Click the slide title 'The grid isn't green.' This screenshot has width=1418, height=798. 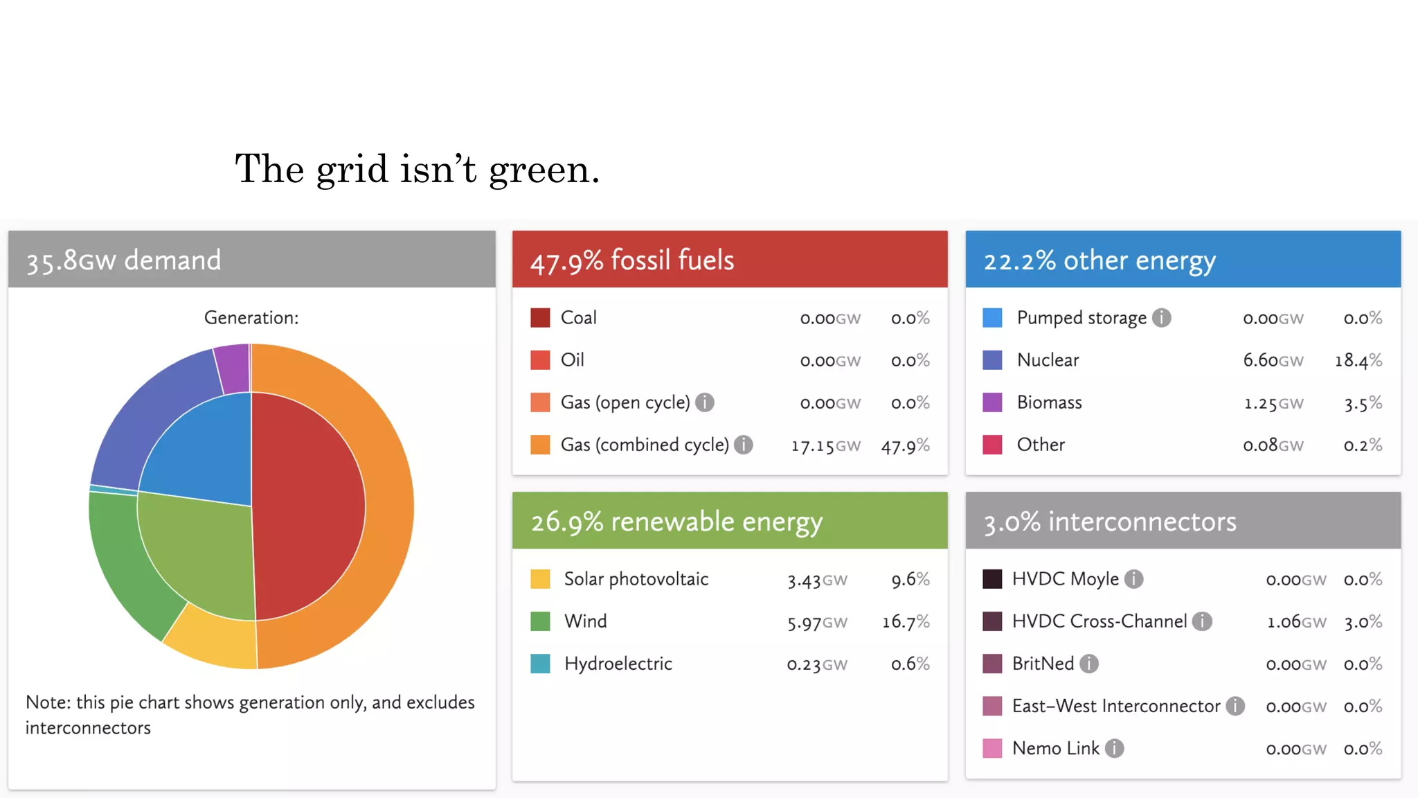tap(417, 169)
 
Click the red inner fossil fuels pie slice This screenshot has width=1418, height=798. tap(308, 506)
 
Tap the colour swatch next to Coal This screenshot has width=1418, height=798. tap(540, 318)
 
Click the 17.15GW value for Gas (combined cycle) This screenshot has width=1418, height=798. tap(825, 445)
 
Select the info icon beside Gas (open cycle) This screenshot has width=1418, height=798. tap(705, 402)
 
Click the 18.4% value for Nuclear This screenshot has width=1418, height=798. tap(1358, 360)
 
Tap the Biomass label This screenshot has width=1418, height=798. tap(1049, 402)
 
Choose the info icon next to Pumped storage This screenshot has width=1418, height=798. tap(1161, 318)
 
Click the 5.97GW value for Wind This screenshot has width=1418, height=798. tap(817, 622)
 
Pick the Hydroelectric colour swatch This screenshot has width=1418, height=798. tap(540, 664)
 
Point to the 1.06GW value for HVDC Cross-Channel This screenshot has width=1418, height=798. tap(1296, 622)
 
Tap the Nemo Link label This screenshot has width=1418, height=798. tap(1055, 748)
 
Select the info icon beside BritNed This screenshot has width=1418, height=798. tap(1089, 664)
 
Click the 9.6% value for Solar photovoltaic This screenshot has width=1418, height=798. tap(910, 579)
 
